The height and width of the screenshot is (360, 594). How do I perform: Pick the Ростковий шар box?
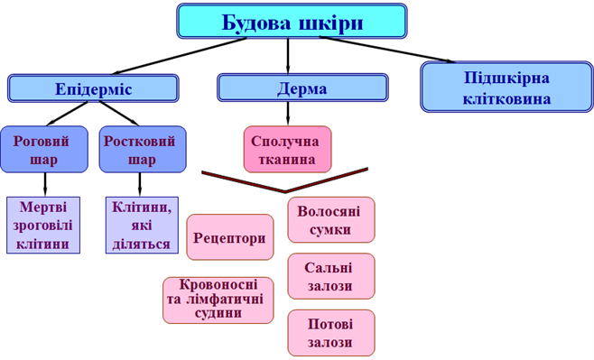coord(137,150)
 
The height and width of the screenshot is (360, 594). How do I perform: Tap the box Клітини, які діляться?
coord(141,225)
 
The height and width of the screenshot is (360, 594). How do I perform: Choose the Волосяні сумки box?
coord(330,219)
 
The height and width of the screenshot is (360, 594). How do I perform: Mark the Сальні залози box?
coord(329,276)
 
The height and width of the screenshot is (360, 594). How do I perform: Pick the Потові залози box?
coord(329,332)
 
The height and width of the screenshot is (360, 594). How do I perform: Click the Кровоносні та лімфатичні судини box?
coord(218,299)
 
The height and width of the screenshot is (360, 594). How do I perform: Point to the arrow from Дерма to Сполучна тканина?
coord(287,112)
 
